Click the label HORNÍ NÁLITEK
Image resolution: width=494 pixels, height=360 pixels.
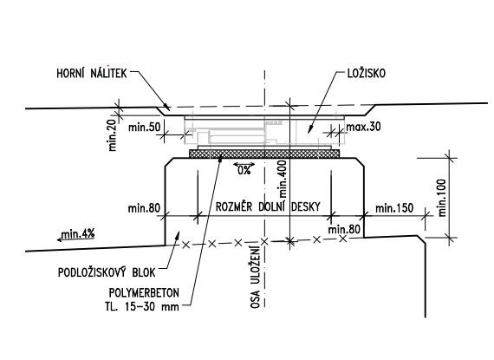point(92,73)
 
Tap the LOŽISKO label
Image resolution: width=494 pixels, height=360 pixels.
point(367,73)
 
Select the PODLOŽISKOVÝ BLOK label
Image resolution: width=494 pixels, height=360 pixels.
point(107,272)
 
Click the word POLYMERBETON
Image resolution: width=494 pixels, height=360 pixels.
point(144,293)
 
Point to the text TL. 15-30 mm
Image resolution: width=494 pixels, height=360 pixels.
point(142,306)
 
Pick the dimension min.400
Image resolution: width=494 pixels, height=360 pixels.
point(283,179)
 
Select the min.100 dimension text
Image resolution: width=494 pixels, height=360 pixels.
point(442,198)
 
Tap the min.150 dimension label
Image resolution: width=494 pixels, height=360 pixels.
point(394,208)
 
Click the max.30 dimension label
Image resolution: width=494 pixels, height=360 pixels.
point(363,127)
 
